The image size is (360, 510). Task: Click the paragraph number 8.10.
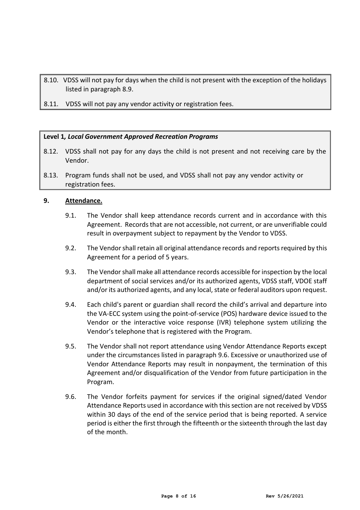point(51,80)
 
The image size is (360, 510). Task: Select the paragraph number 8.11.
point(51,104)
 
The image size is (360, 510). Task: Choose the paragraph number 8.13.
point(51,175)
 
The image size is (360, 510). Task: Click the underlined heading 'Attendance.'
point(83,201)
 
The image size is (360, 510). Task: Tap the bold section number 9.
point(46,201)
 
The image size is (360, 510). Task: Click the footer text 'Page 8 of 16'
point(178,496)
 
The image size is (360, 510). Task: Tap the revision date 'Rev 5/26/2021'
point(284,496)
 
